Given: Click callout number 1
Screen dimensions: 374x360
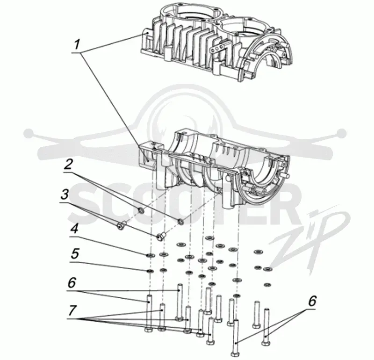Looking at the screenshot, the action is point(77,44).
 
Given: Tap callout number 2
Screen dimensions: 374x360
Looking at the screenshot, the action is point(68,164).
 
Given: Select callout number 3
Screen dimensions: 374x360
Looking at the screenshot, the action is point(65,195).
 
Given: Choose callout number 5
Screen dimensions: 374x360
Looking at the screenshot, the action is point(75,253).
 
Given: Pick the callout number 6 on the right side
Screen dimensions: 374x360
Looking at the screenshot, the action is point(312,301).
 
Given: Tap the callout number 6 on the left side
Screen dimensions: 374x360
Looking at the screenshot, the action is point(72,283).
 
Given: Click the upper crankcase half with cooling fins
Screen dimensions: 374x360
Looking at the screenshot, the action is point(217,43).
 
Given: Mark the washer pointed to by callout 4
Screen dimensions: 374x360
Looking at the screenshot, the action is point(150,256).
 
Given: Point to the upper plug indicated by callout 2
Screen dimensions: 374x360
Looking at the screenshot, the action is point(141,210).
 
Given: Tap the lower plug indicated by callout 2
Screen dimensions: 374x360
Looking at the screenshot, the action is point(181,222).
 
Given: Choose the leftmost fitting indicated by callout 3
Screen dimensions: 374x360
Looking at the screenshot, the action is point(121,225).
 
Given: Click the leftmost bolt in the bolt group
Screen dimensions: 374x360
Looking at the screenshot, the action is point(148,313).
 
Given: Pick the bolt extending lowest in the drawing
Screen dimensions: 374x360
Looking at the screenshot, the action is point(236,338).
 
